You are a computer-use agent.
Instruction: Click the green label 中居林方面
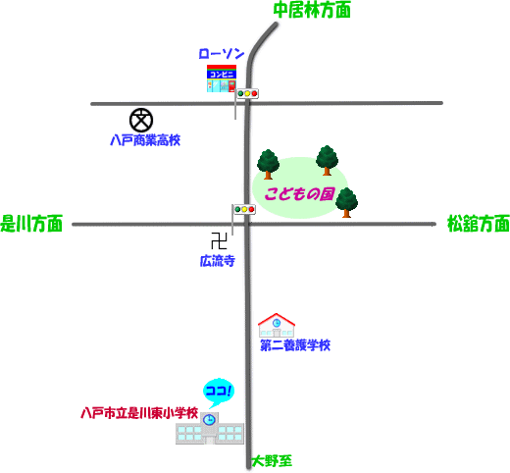312,10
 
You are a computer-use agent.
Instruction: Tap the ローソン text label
222,54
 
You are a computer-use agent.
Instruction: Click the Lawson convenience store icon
222,79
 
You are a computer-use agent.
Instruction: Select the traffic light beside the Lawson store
247,93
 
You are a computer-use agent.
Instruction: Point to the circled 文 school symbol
141,120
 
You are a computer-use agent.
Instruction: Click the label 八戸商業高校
145,140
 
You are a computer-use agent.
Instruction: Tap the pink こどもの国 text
299,194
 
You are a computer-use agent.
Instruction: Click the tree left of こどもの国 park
268,164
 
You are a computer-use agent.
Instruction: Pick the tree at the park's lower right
346,202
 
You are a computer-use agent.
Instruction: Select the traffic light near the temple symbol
244,209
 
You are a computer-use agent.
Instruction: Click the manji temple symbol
219,240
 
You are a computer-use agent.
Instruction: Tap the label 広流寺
218,261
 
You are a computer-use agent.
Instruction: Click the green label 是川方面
31,224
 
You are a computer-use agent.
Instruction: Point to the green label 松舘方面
479,224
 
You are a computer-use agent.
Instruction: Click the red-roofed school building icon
277,325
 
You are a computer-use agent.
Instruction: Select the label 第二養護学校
295,345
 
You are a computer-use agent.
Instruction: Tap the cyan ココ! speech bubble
219,392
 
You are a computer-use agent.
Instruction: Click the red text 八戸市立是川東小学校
139,413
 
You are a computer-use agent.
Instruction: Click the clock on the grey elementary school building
209,419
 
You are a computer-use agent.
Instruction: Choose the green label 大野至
272,461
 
